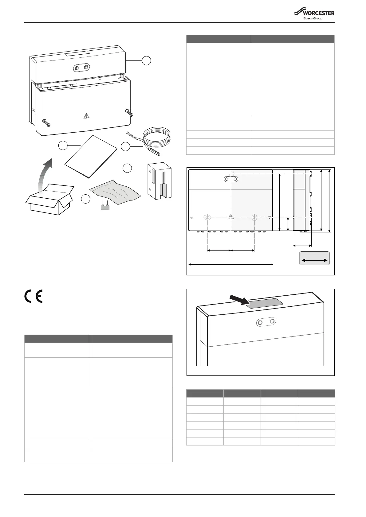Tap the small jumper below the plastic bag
pyautogui.click(x=105, y=207)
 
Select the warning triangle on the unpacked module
pyautogui.click(x=87, y=116)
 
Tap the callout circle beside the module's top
pyautogui.click(x=147, y=60)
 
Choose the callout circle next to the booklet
pyautogui.click(x=63, y=146)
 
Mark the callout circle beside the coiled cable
pyautogui.click(x=125, y=146)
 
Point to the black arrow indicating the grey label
pyautogui.click(x=240, y=300)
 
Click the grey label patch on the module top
pyautogui.click(x=266, y=303)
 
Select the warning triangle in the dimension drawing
pyautogui.click(x=230, y=217)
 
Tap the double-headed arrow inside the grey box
pyautogui.click(x=314, y=260)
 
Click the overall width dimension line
pyautogui.click(x=230, y=264)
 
